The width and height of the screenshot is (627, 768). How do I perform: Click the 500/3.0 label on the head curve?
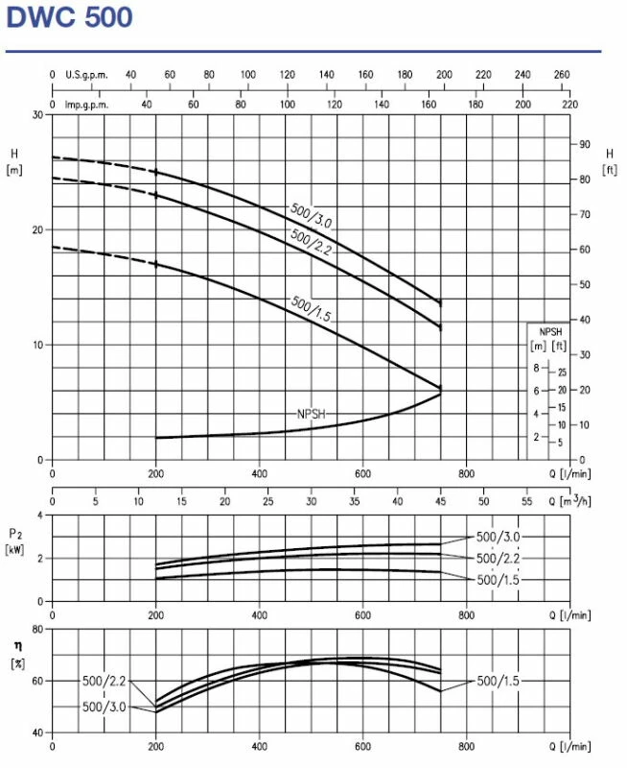coord(310,215)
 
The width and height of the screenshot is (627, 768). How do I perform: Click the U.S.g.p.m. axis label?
coord(86,74)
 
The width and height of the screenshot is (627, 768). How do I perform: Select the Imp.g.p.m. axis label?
coord(86,104)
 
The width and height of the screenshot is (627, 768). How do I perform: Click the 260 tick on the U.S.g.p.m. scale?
coord(562,74)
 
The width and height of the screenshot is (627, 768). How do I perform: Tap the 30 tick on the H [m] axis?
coord(38,114)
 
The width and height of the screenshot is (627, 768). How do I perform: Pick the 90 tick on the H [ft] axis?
coord(582,144)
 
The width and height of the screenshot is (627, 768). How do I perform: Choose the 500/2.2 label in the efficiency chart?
coord(104,681)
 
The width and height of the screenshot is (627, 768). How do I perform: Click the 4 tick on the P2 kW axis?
coord(40,515)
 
